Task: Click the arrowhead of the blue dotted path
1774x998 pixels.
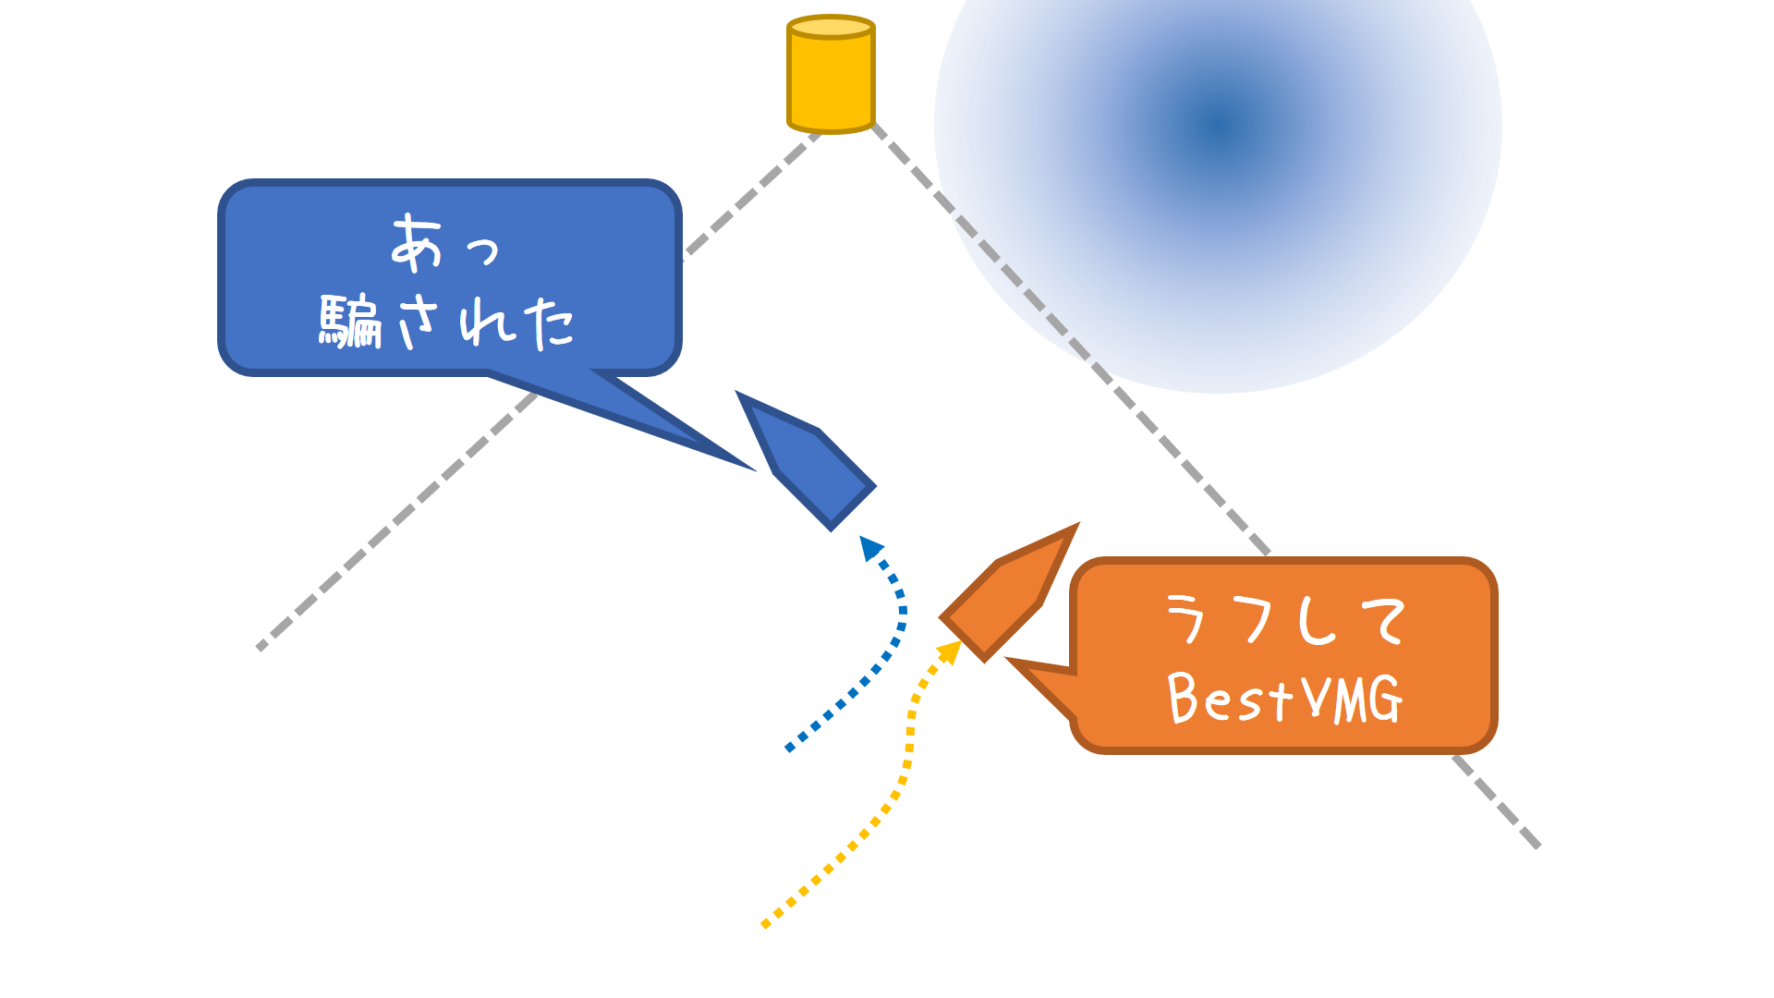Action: coord(869,548)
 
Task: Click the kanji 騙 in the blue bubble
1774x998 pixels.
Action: coord(351,322)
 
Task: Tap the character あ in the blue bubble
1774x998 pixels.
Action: coord(416,244)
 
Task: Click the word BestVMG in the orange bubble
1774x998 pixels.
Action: coord(1285,699)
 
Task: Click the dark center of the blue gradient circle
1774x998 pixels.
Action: coord(1218,124)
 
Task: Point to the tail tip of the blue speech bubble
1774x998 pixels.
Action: coord(753,469)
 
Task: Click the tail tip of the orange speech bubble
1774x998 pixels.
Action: coord(1009,661)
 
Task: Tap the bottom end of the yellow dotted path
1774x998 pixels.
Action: coord(764,924)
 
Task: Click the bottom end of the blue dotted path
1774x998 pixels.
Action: coord(788,748)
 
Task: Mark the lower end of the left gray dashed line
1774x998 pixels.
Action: coord(261,648)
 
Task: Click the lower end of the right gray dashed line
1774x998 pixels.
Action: coord(1537,846)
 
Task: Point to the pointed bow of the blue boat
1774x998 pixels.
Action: coord(740,396)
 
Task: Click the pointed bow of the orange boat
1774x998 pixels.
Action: coord(1075,528)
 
